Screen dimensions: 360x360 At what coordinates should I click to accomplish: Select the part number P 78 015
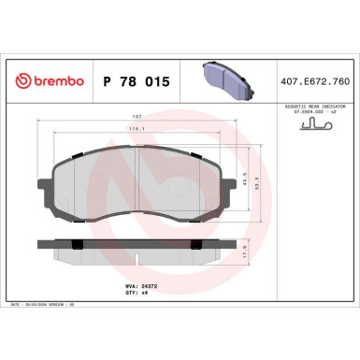(135, 82)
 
